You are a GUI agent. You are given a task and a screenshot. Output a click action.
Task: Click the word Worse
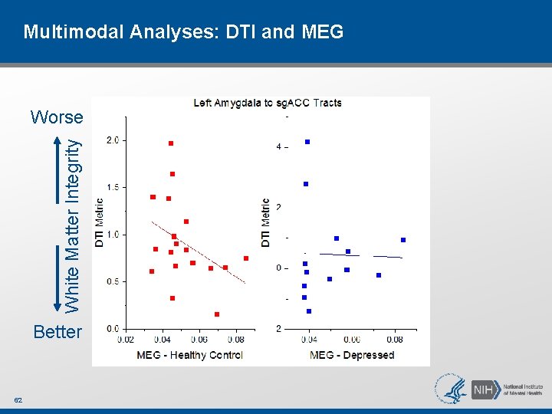57,117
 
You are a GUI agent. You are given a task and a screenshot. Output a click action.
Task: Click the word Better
58,332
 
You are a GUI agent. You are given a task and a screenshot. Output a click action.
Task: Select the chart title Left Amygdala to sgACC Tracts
268,103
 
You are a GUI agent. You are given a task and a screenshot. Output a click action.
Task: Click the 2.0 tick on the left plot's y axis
112,140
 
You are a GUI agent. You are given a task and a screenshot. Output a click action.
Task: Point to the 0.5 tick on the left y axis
112,281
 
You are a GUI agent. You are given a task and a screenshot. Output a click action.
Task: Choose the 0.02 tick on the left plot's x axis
126,340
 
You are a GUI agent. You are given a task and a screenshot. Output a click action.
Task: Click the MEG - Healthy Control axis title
189,354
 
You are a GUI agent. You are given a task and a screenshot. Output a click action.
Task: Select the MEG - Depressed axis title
351,354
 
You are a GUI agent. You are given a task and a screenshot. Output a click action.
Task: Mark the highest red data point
171,143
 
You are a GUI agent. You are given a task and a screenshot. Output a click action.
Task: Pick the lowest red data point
217,314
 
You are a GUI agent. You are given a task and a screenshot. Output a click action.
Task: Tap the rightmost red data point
246,258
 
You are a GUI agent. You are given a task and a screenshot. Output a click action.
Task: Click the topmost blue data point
307,142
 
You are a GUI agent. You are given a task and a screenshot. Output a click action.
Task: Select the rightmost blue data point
403,240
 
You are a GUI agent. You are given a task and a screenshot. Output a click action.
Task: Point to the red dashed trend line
199,253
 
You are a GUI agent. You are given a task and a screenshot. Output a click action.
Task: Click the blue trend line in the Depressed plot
360,255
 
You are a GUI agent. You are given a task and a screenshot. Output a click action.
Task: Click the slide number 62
18,400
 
